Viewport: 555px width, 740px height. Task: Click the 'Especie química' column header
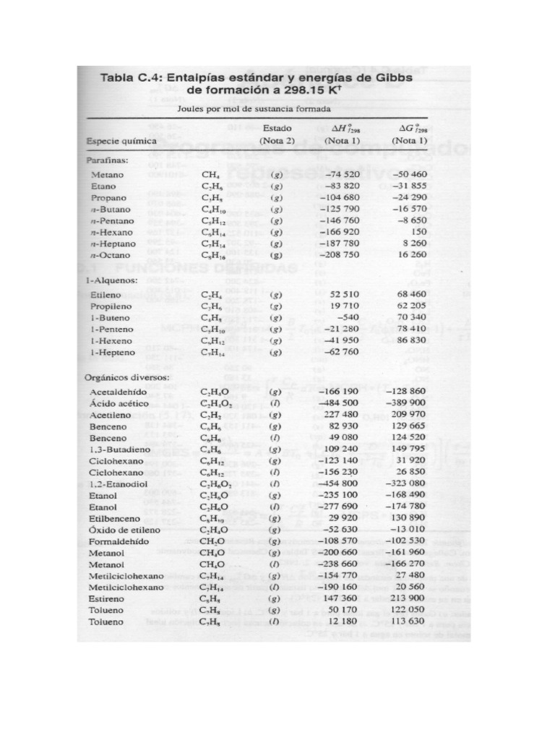click(x=121, y=140)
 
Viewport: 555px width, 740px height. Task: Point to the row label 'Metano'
click(x=107, y=175)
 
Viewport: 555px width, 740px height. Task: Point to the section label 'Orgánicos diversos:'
click(x=128, y=377)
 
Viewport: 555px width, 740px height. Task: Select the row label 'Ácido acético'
click(x=119, y=403)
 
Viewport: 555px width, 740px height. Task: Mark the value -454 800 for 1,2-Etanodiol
click(x=338, y=483)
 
